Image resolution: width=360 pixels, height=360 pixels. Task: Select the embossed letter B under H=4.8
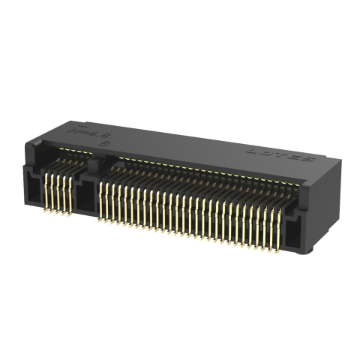coord(104,141)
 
